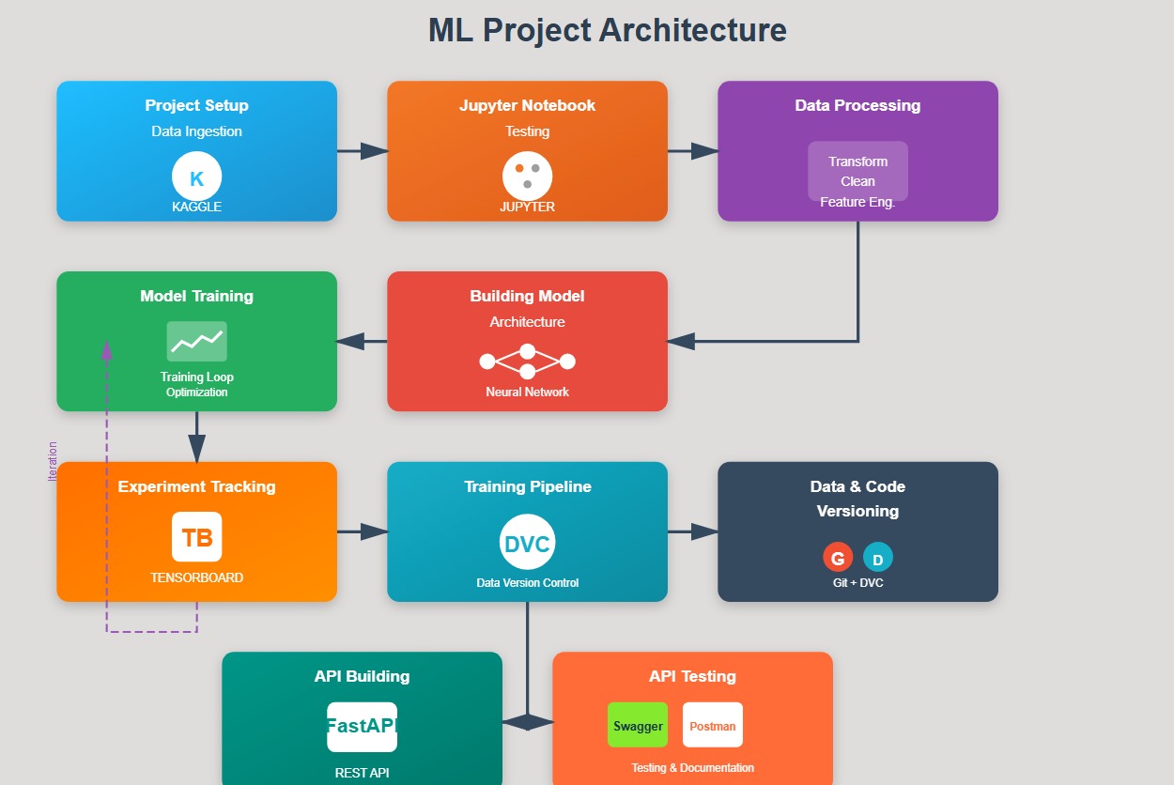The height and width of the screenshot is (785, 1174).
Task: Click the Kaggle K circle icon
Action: click(196, 177)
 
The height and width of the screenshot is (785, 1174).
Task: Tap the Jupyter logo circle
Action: click(527, 176)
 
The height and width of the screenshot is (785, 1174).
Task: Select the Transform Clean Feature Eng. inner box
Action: click(857, 172)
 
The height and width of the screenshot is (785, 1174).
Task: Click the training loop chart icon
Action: click(196, 341)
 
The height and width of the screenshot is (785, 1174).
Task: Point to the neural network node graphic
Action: click(527, 362)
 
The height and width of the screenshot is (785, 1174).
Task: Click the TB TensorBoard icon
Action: click(196, 537)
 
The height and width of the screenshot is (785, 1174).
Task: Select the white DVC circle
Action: click(527, 543)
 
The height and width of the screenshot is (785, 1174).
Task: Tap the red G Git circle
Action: click(838, 558)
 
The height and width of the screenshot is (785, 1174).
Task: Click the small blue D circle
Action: click(878, 559)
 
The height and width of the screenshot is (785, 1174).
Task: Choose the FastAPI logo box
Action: click(362, 727)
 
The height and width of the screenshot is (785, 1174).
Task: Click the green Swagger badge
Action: click(638, 725)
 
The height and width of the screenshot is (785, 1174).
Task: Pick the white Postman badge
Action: click(713, 725)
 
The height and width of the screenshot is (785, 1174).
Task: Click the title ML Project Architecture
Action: click(607, 30)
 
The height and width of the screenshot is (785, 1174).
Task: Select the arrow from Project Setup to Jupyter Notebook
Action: click(362, 150)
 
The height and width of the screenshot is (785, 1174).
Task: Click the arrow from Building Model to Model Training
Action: click(362, 341)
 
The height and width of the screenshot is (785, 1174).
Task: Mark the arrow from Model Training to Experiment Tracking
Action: click(196, 437)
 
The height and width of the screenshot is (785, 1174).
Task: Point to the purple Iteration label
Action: click(53, 461)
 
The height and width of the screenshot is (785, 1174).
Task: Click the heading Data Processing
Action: click(857, 105)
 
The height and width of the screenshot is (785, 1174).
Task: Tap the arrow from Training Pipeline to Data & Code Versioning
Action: click(692, 531)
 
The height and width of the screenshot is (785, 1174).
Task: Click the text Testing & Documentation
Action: click(692, 767)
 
